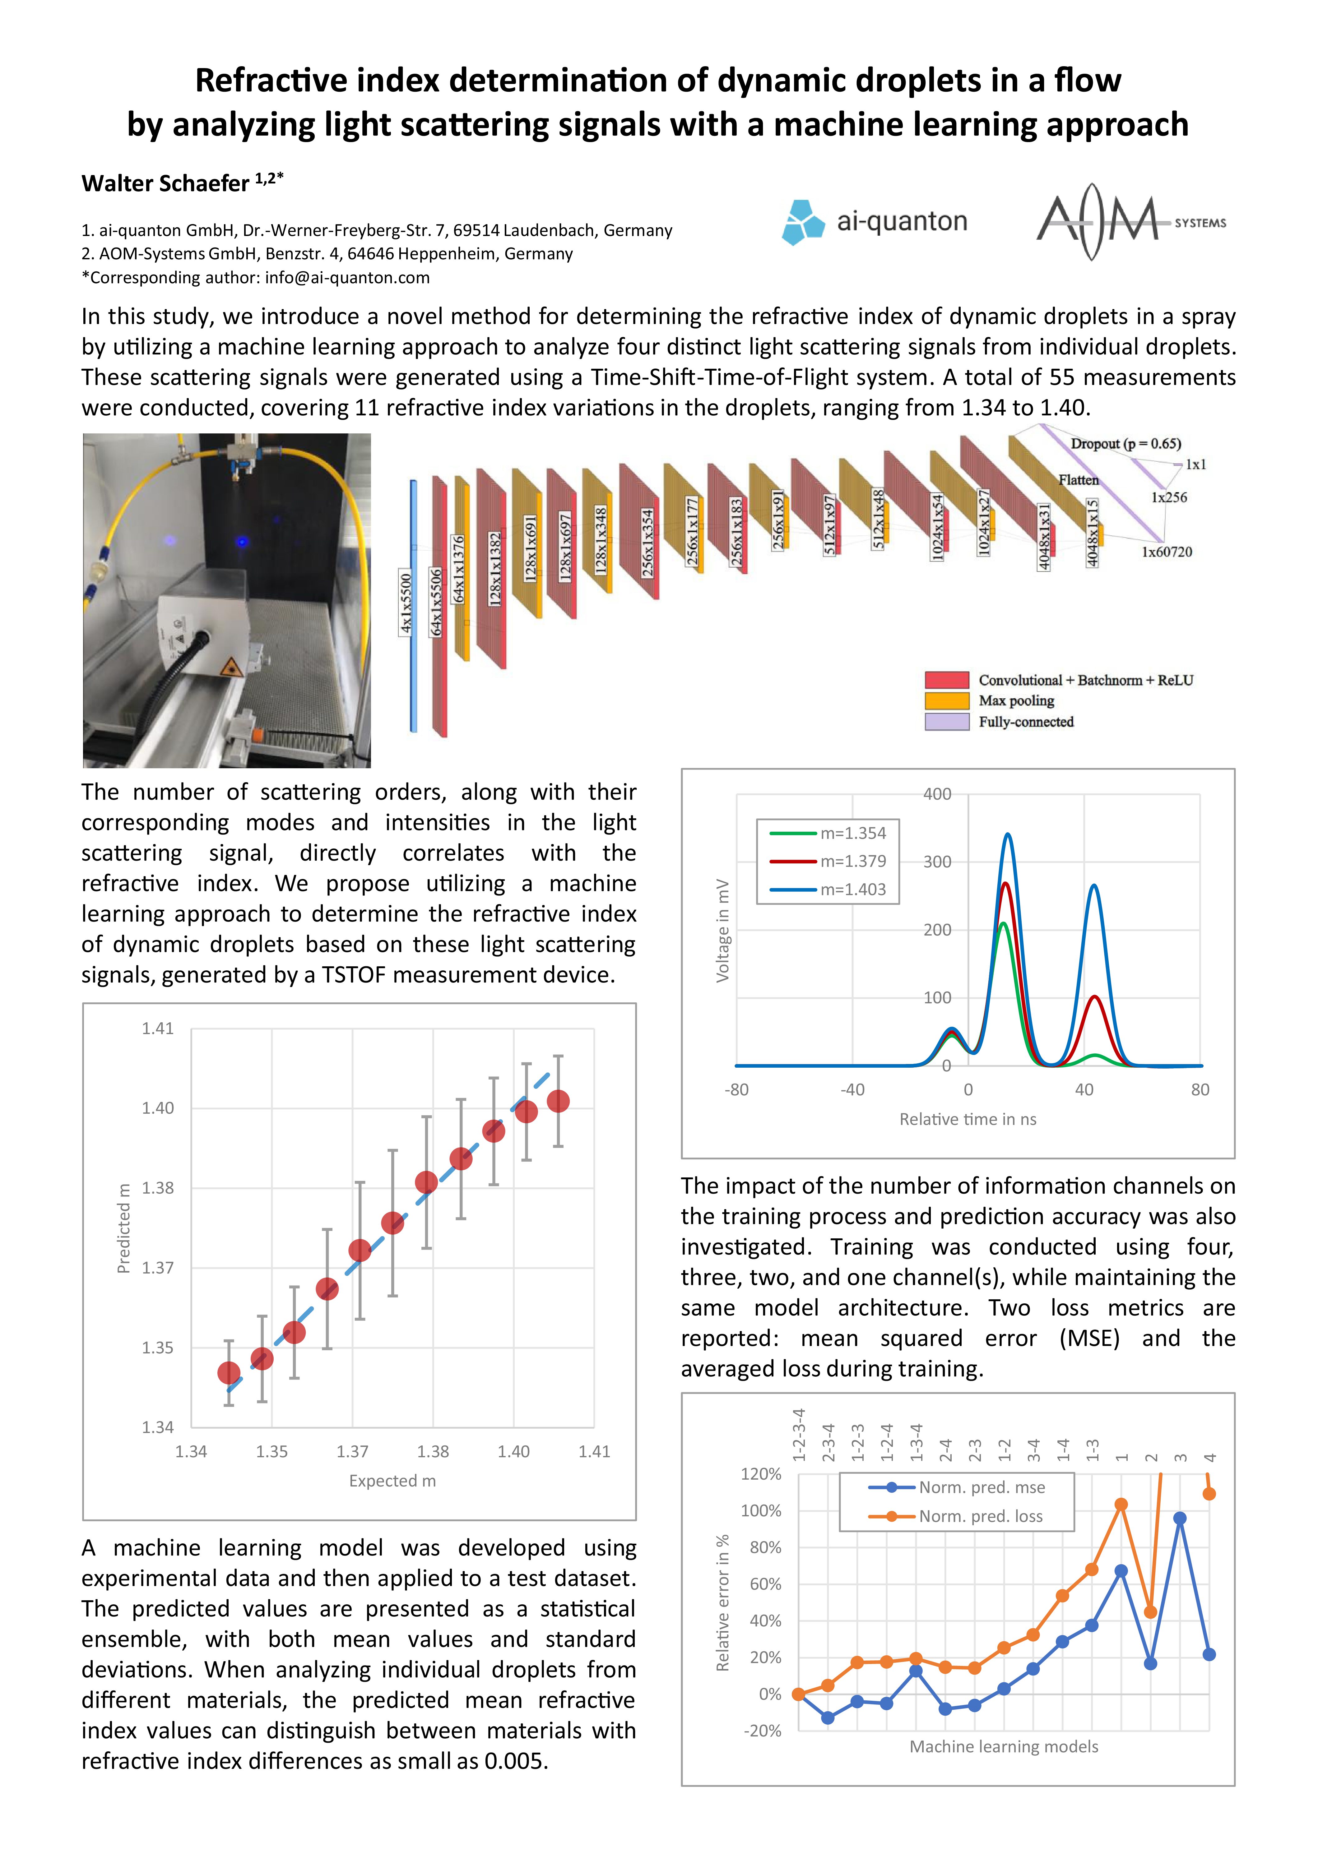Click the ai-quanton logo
[874, 221]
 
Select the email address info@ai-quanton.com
[346, 278]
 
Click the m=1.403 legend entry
[852, 889]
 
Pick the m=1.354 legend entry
[852, 833]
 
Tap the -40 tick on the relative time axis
[852, 1090]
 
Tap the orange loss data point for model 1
[1121, 1504]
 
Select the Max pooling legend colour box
[946, 700]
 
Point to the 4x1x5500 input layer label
[406, 602]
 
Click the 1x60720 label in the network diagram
[1166, 552]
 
